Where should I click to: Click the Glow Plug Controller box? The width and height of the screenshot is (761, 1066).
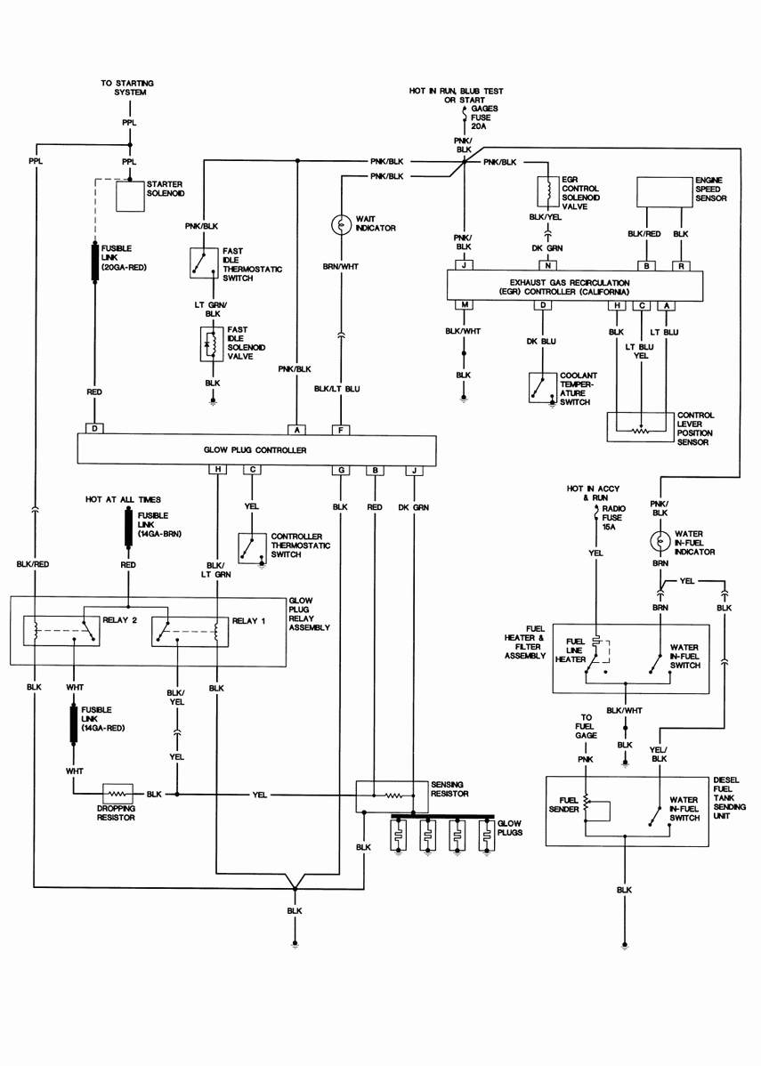tap(255, 450)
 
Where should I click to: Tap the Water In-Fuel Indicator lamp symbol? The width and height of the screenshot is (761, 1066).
tap(660, 540)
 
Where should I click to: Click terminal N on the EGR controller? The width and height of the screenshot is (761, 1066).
tap(549, 265)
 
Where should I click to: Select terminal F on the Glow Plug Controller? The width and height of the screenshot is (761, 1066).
tap(340, 429)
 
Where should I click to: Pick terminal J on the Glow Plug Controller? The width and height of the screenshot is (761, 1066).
tap(414, 470)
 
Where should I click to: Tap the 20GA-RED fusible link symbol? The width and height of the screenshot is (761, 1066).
tap(94, 262)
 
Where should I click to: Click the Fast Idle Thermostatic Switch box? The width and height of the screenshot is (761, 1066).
tap(204, 262)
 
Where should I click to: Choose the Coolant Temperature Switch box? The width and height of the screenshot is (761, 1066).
tap(542, 388)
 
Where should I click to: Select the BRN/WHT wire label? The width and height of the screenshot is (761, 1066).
tap(340, 266)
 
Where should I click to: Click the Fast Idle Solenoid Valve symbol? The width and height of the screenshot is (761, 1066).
tap(213, 345)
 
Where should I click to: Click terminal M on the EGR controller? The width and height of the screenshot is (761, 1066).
tap(464, 305)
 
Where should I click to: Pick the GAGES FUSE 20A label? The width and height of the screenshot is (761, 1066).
tap(485, 117)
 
